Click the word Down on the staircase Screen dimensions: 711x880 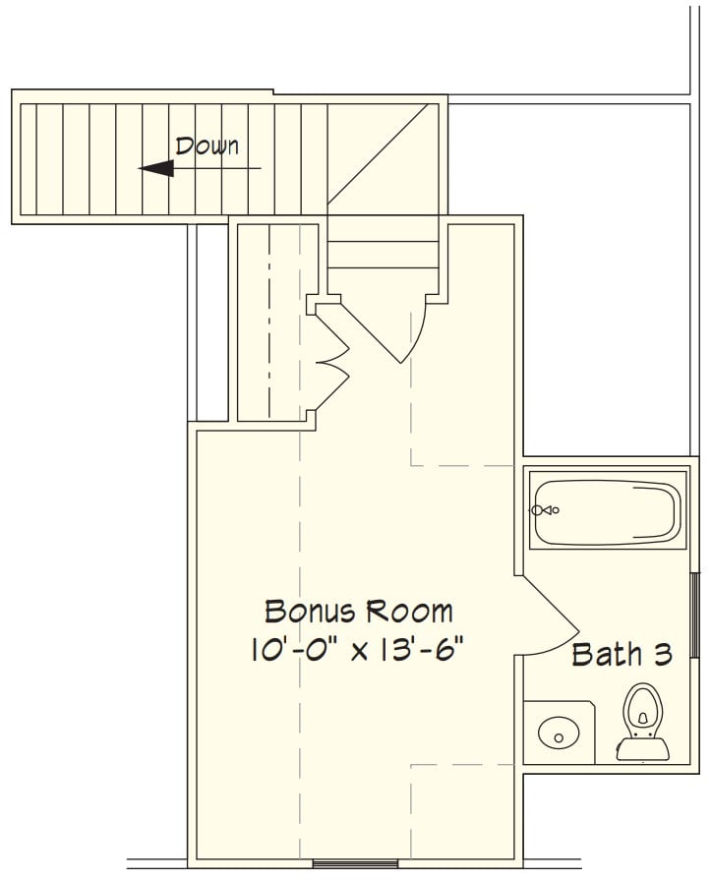point(207,146)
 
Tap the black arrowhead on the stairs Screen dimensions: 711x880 point(156,168)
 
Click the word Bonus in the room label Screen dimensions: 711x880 point(308,612)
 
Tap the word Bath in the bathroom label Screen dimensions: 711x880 point(607,655)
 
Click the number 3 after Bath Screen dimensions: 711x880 point(663,655)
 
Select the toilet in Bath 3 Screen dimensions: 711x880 point(642,722)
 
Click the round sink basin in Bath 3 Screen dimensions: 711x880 point(559,733)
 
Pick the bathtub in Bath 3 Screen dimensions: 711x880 point(608,512)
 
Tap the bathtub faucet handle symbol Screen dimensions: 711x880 point(545,510)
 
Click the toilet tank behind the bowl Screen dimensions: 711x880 point(642,749)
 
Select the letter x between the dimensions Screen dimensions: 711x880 point(359,653)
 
